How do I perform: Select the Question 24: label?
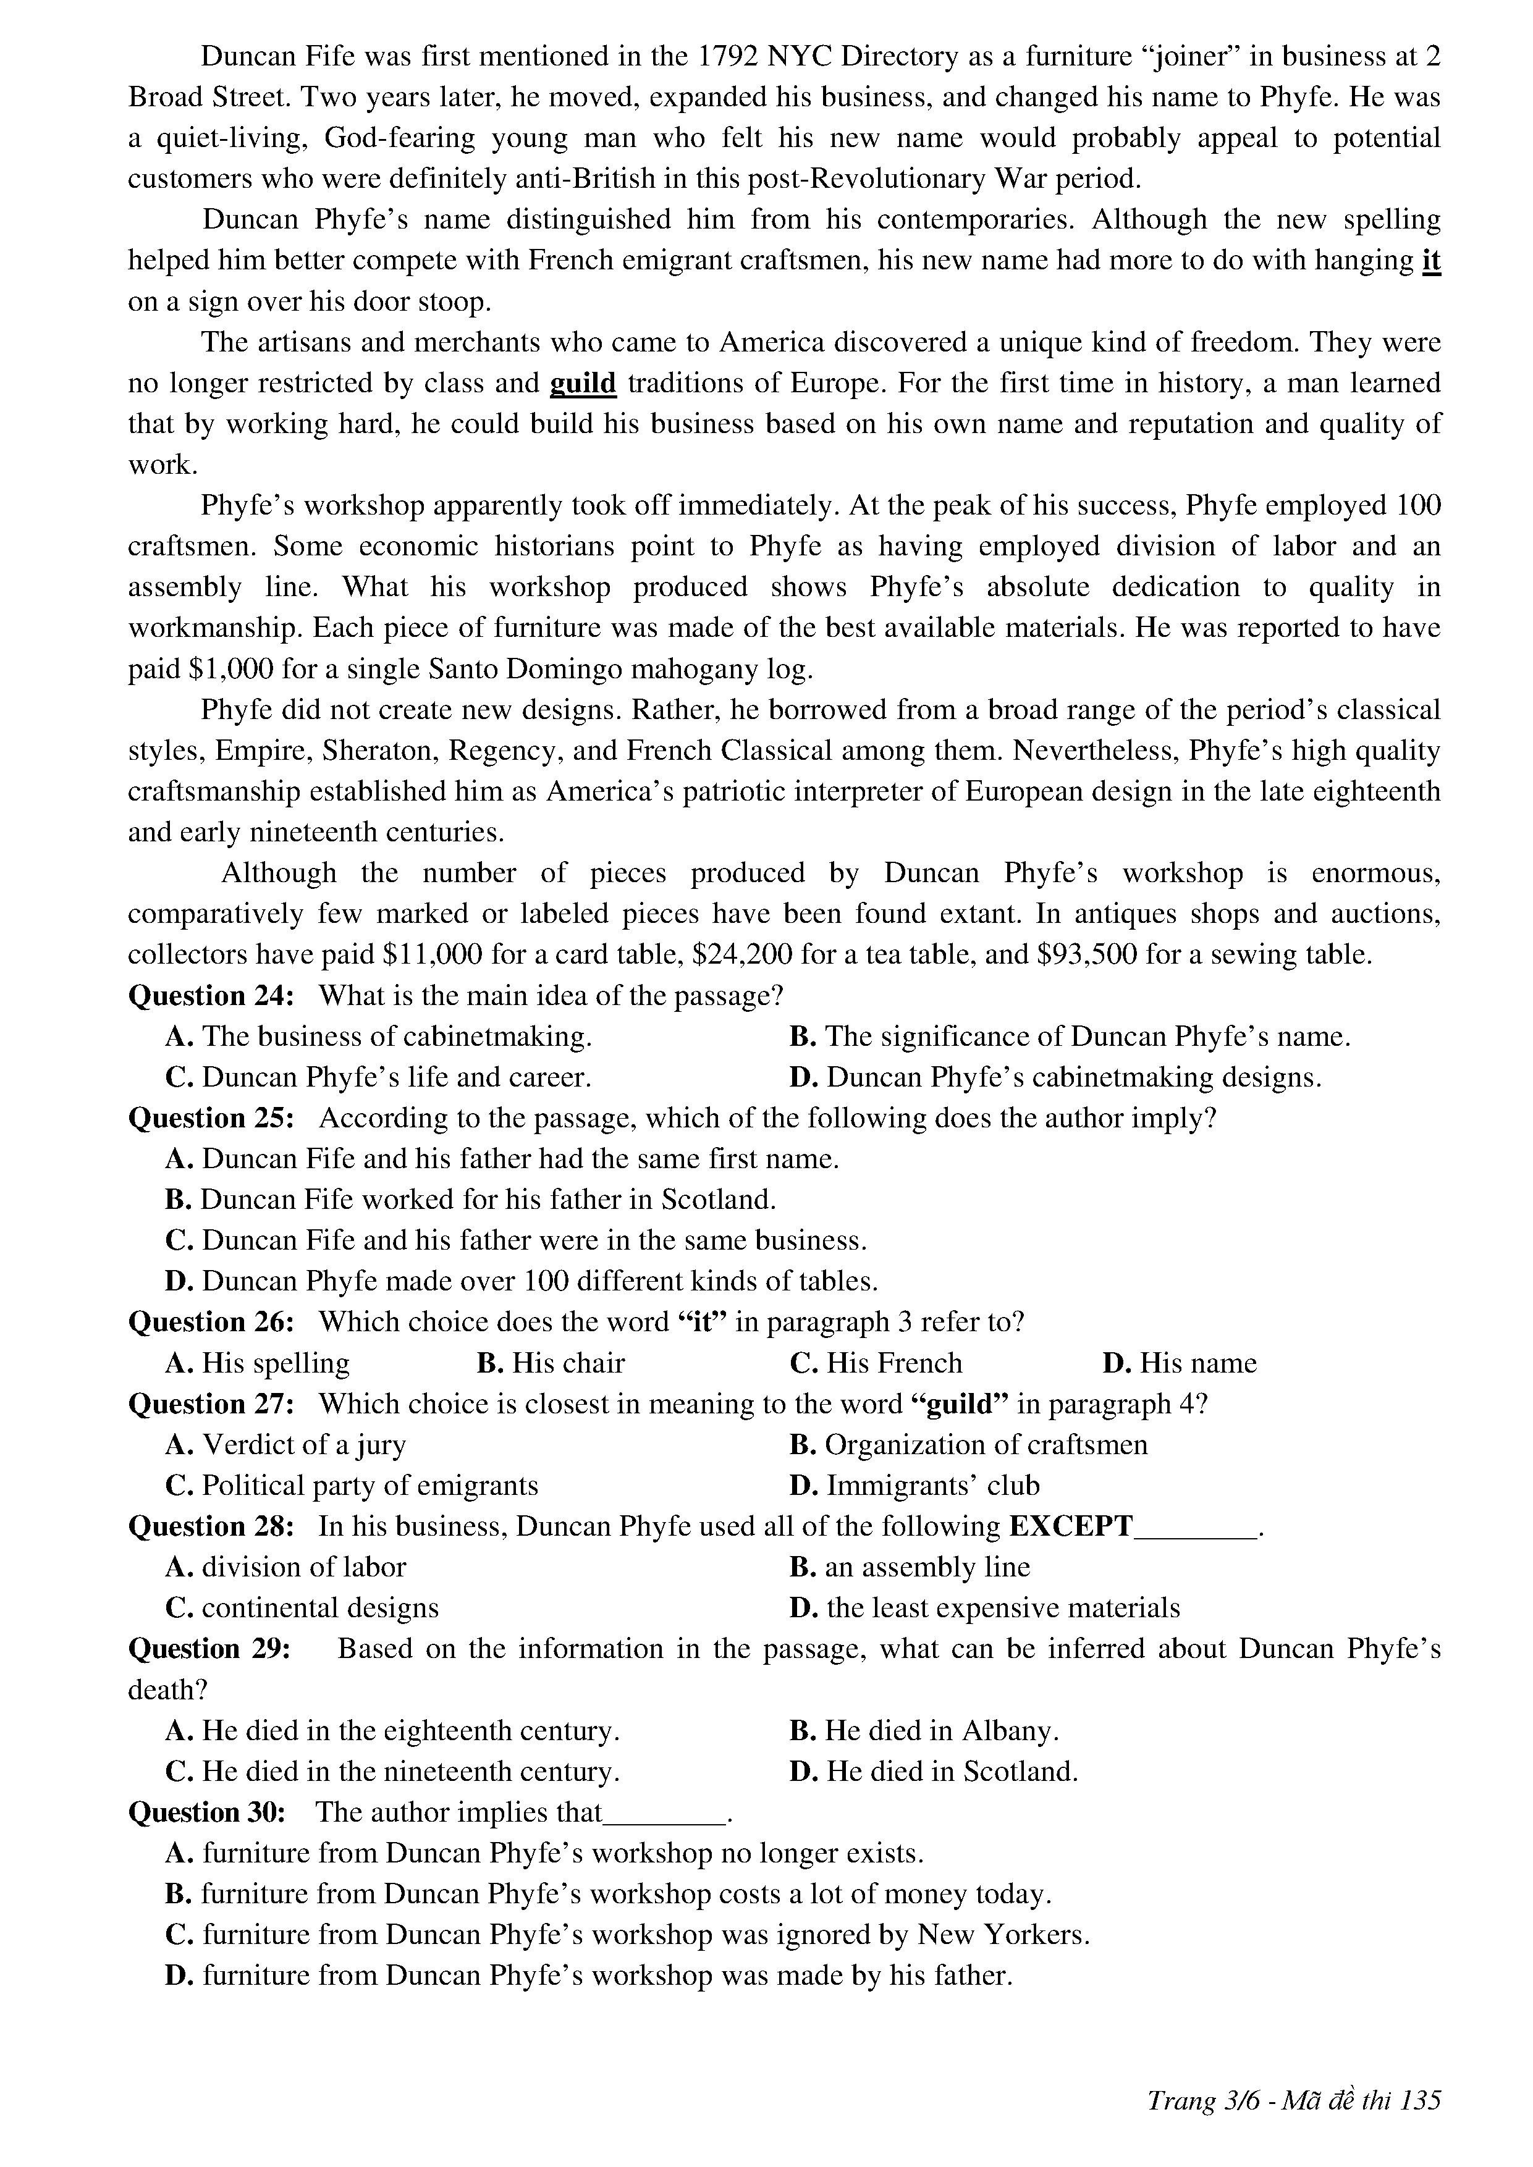[x=211, y=996]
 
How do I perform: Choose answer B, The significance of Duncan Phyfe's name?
[x=1070, y=1037]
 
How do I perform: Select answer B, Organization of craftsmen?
[x=968, y=1444]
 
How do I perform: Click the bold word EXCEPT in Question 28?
[x=1070, y=1526]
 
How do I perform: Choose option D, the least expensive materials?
[x=984, y=1607]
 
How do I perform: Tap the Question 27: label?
[x=211, y=1403]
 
